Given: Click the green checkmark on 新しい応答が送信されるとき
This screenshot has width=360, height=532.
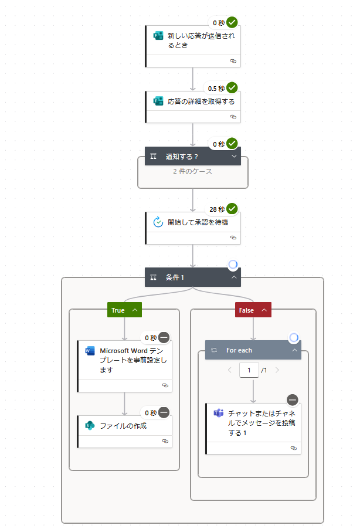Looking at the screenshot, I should tap(232, 23).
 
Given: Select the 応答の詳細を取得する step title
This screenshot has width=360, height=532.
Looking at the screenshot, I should tap(201, 101).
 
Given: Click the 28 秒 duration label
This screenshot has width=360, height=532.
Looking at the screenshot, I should tap(217, 209).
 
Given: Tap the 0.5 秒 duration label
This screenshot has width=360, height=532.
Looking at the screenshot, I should tap(216, 89).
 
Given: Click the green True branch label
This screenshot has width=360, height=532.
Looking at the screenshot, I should tap(118, 310).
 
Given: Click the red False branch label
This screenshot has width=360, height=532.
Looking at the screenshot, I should tap(247, 310).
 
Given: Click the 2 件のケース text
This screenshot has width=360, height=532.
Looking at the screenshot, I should tap(192, 172).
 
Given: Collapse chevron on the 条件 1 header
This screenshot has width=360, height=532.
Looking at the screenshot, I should tap(234, 277).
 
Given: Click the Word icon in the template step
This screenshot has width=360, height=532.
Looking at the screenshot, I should tap(90, 351).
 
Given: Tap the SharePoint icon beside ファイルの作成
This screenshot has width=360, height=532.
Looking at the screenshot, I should tap(90, 426).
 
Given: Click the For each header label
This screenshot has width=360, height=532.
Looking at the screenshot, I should tap(239, 351).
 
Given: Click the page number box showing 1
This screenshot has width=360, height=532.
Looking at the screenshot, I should tap(249, 370).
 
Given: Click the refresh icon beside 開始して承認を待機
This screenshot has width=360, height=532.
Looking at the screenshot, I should tap(157, 222).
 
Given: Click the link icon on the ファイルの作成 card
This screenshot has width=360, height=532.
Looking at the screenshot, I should tap(165, 440).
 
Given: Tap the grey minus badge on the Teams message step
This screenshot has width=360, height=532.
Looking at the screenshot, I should tap(293, 400).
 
